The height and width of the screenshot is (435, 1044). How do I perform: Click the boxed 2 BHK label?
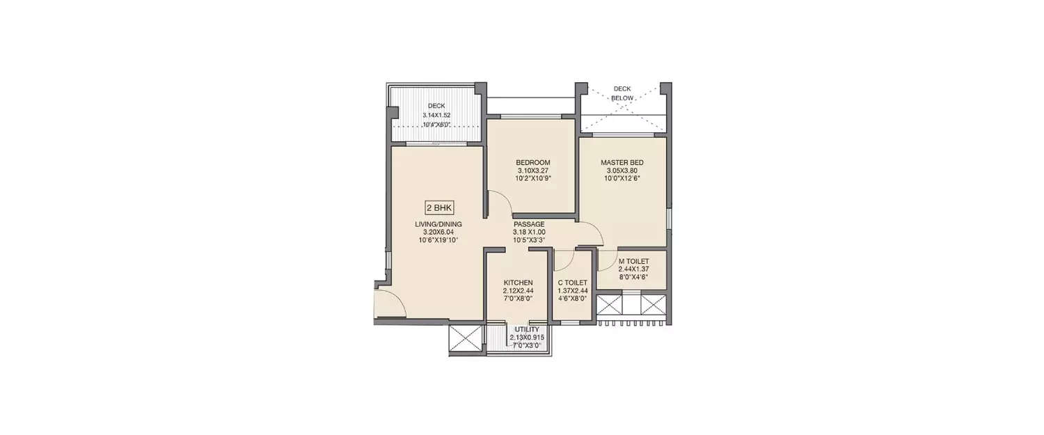(x=439, y=208)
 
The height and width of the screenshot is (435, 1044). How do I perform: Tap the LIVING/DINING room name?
(x=438, y=224)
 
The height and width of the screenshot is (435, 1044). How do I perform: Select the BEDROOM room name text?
(x=532, y=163)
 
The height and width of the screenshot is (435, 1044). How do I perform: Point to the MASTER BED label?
(x=622, y=163)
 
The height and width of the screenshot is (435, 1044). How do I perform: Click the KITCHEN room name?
(x=519, y=283)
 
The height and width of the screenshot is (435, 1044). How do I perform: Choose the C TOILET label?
(x=572, y=283)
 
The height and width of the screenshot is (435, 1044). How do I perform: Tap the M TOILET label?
(x=633, y=262)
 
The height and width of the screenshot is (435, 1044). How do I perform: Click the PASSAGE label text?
(x=529, y=224)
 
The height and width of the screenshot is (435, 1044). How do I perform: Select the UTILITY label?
(x=527, y=330)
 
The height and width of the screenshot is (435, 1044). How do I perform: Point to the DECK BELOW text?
(x=622, y=93)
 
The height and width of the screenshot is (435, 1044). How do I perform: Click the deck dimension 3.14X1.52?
(x=436, y=115)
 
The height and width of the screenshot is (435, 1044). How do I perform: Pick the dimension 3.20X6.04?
(x=438, y=232)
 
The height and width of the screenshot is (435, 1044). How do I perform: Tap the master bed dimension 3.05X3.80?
(x=622, y=171)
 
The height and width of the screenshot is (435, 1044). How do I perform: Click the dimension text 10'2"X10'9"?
(x=532, y=178)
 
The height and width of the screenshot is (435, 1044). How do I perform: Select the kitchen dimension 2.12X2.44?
(x=519, y=291)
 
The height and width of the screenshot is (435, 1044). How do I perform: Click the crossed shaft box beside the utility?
(x=466, y=338)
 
